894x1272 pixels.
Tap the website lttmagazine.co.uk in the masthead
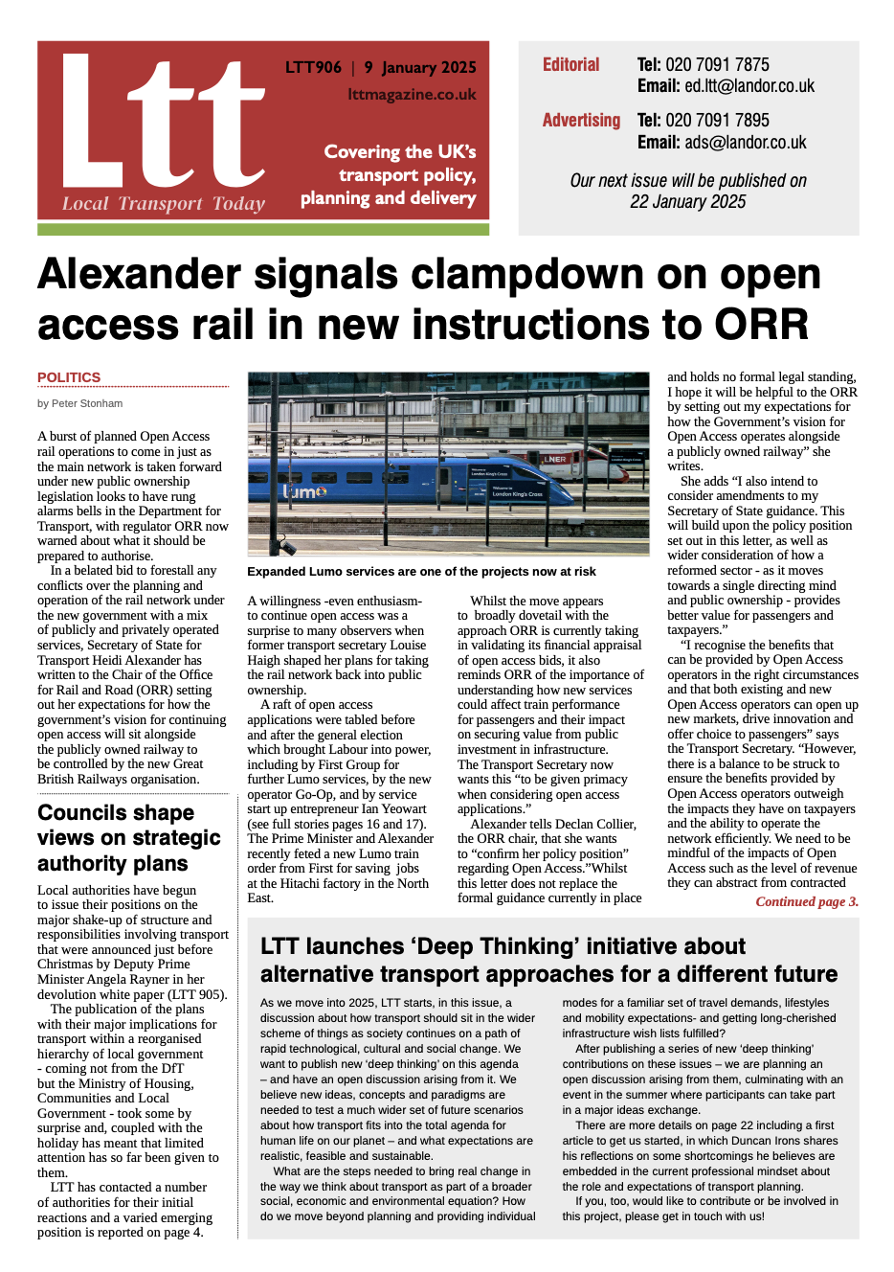(412, 95)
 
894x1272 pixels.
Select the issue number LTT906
(313, 67)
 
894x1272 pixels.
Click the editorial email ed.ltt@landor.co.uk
(749, 86)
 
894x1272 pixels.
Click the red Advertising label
(581, 121)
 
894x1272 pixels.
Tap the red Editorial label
(570, 65)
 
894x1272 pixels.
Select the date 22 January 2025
(687, 202)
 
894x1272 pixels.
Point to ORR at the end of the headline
(762, 325)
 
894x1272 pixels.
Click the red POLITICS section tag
(69, 377)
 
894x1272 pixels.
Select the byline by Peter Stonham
(80, 403)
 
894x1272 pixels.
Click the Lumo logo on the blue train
(305, 491)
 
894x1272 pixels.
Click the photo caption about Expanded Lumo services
(421, 572)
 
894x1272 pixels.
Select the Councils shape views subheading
(128, 838)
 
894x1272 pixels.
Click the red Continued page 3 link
(807, 901)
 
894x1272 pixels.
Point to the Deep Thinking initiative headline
(548, 960)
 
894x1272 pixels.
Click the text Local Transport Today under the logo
(163, 203)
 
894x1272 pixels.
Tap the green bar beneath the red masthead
(263, 230)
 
